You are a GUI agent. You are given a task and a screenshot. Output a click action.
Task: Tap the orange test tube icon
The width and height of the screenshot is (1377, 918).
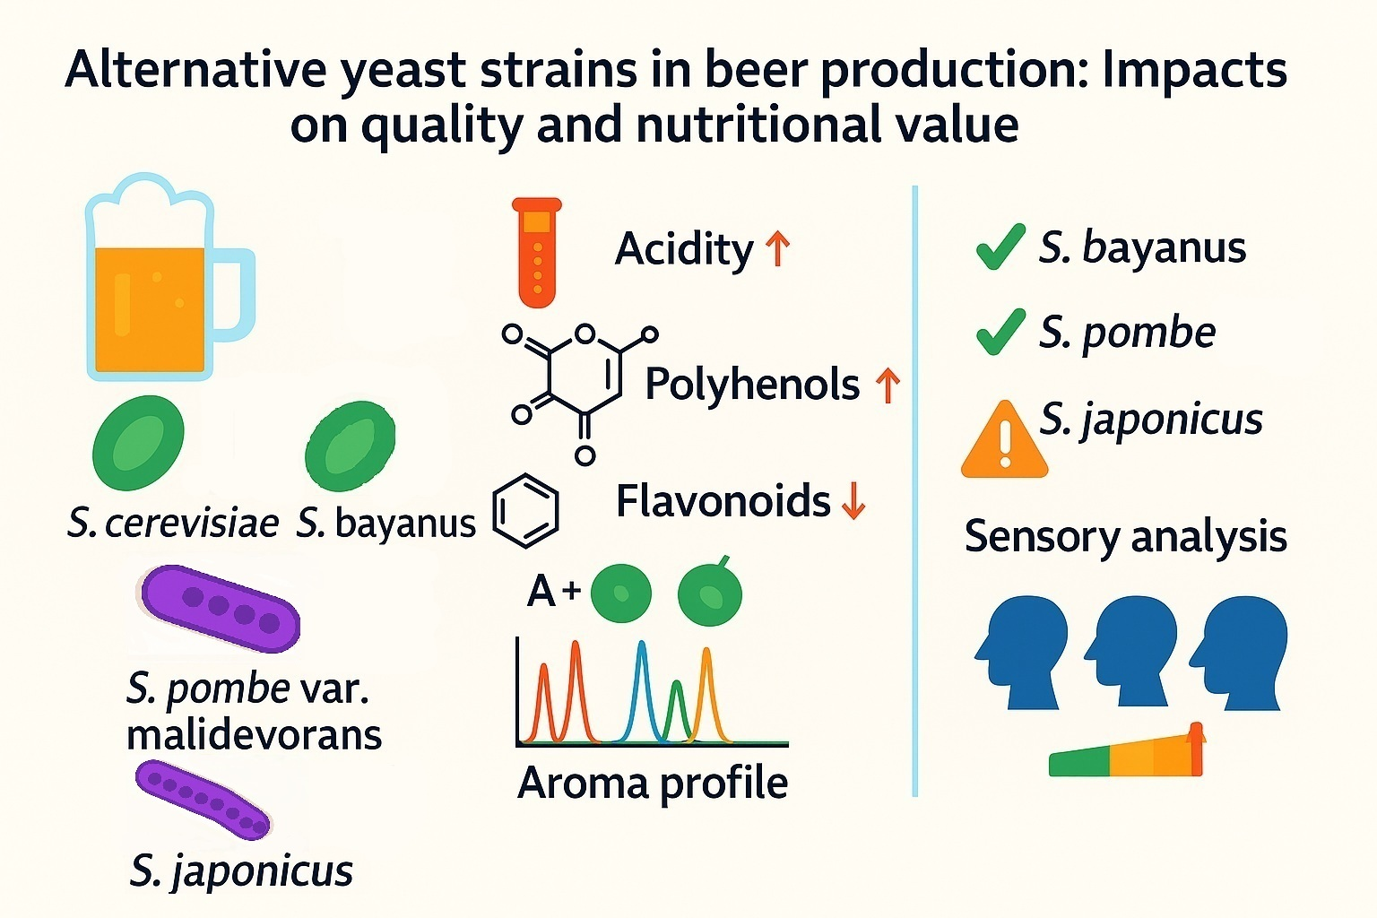[x=537, y=252]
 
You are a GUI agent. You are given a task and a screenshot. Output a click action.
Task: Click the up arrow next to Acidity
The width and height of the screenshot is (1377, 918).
[x=777, y=248]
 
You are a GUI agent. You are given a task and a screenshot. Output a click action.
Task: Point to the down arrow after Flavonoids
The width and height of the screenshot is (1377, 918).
[x=853, y=501]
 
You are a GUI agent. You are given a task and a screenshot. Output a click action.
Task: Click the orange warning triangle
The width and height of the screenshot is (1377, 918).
[x=1004, y=441]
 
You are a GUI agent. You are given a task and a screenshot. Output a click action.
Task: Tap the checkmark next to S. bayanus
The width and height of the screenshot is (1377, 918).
[x=1000, y=247]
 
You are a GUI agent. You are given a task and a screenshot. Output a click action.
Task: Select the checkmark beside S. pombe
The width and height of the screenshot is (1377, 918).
[x=1000, y=332]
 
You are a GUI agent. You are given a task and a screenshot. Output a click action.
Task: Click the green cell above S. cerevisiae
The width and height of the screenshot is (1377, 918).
[x=138, y=443]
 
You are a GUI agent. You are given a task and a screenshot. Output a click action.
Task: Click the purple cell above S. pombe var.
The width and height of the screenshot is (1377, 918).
[x=220, y=608]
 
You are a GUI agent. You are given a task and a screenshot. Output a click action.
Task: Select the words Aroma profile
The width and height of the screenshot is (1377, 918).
[x=653, y=783]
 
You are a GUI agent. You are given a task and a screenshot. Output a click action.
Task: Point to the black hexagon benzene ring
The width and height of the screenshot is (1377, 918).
[x=526, y=512]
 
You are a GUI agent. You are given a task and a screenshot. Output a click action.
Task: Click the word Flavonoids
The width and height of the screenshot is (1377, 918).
[x=723, y=501]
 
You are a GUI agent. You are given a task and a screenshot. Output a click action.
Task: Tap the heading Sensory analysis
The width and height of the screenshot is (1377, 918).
[x=1125, y=537]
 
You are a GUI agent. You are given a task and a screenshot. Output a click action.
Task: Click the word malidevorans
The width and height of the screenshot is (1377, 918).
[x=254, y=735]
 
